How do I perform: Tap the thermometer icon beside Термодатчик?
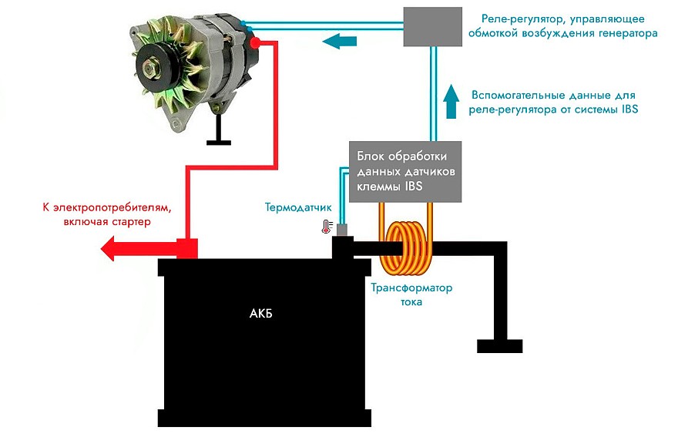(327, 227)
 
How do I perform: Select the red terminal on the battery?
(188, 248)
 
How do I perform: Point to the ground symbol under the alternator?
(219, 140)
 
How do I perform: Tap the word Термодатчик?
(298, 207)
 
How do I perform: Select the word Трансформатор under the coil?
(411, 288)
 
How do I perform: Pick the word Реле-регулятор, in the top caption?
(515, 19)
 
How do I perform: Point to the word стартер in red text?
(130, 221)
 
